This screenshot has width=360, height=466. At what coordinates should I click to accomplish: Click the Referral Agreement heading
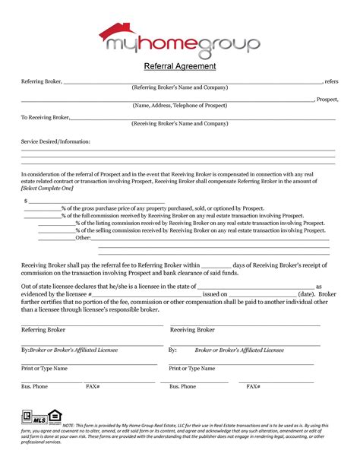tap(180, 67)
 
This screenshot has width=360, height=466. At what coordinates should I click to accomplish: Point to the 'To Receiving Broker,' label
tap(45, 117)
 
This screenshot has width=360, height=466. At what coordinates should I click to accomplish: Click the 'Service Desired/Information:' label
tap(55, 141)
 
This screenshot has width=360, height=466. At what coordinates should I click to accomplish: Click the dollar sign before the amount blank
tap(27, 201)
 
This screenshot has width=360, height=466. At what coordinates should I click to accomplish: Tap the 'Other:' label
tap(84, 238)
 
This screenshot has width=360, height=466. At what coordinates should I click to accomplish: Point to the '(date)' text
tap(307, 293)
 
